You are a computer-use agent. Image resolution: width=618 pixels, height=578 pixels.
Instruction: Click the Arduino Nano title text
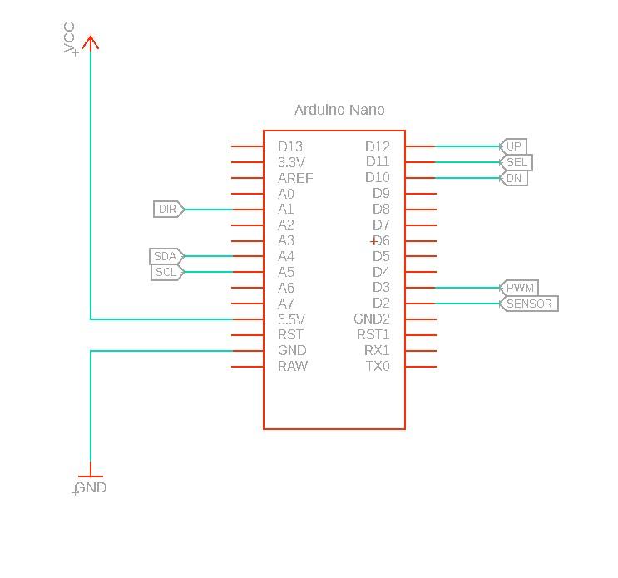(x=339, y=110)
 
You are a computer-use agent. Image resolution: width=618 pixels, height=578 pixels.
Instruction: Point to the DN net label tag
(x=513, y=178)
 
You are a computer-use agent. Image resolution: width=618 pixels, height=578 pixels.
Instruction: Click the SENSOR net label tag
(x=528, y=304)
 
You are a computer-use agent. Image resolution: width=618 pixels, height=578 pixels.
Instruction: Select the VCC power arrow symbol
(x=91, y=41)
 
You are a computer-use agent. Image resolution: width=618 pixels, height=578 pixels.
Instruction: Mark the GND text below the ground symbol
(x=91, y=488)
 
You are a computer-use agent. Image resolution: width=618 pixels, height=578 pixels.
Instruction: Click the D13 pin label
(x=290, y=147)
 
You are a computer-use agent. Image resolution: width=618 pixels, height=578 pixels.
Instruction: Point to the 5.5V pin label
(x=291, y=319)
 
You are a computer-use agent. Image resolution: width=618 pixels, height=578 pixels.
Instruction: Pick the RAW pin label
(x=292, y=367)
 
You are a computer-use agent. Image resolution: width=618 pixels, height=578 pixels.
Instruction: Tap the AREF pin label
(x=295, y=179)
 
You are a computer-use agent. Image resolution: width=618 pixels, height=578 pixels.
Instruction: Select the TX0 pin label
(x=378, y=367)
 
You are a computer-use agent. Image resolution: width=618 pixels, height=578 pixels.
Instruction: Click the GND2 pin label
(x=372, y=319)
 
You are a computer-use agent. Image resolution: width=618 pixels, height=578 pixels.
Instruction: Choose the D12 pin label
(x=378, y=147)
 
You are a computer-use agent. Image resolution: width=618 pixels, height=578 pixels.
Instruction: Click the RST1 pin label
(x=373, y=335)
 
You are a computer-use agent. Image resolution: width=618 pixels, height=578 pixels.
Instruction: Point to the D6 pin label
(x=381, y=241)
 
